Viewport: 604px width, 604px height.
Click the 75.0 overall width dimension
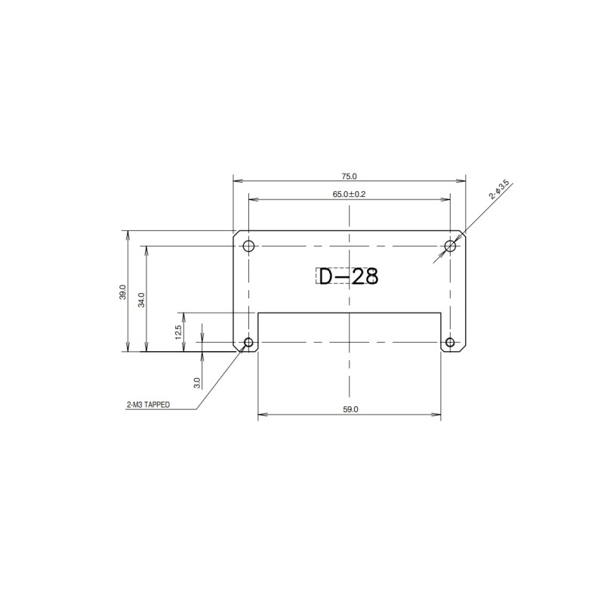click(x=349, y=176)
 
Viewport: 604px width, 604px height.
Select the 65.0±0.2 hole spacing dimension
click(x=349, y=194)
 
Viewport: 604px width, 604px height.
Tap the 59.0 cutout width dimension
click(x=350, y=408)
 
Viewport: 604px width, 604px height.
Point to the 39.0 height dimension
click(x=122, y=292)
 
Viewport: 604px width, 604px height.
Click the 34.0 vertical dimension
click(x=141, y=299)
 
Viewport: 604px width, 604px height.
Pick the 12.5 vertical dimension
click(x=178, y=331)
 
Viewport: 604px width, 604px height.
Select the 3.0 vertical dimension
click(x=197, y=382)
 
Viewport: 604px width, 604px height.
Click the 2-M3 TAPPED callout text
click(x=148, y=405)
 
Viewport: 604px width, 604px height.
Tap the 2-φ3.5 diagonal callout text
click(x=499, y=190)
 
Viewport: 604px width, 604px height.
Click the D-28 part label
click(x=347, y=277)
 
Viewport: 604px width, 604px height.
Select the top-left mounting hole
click(x=248, y=245)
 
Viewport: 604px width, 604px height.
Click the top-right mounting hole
click(x=450, y=245)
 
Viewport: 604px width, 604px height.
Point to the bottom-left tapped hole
click(x=248, y=343)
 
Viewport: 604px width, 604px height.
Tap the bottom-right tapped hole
click(x=450, y=343)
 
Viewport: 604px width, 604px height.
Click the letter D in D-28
click(x=325, y=277)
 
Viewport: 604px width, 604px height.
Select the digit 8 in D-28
click(x=369, y=277)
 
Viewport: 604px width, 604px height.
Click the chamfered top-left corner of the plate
click(x=236, y=233)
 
